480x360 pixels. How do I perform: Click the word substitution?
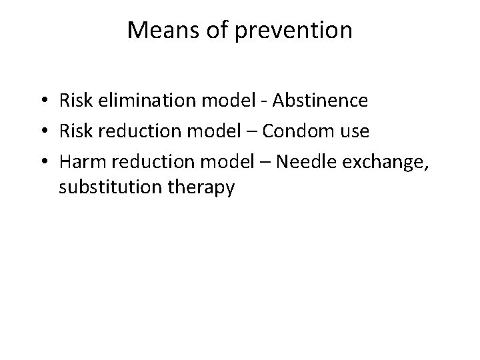coord(110,189)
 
